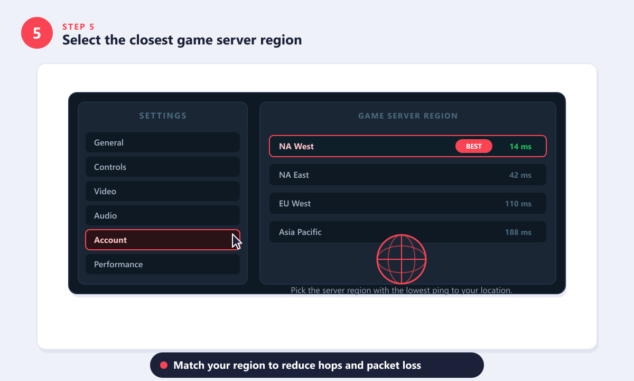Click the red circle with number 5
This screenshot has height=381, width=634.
[x=37, y=33]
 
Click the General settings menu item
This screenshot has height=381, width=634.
[x=163, y=142]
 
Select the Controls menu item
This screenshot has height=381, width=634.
[x=163, y=167]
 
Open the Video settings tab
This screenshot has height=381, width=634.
[x=163, y=191]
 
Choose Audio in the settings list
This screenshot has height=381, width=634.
[x=163, y=215]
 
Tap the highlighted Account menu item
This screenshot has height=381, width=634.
[x=163, y=240]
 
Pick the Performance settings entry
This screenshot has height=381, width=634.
[x=163, y=264]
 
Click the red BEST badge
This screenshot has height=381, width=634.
[x=473, y=146]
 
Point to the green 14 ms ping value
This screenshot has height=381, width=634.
[x=520, y=147]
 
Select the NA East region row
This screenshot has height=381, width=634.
[x=407, y=175]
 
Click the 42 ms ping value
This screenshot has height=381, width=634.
[x=520, y=175]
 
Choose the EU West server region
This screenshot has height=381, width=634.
[x=407, y=203]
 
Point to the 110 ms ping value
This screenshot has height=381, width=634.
[x=518, y=204]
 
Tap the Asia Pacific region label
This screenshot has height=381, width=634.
[x=300, y=232]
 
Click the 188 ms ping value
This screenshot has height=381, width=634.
[x=518, y=232]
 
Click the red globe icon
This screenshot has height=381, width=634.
[x=402, y=259]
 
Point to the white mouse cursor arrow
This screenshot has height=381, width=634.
[x=236, y=241]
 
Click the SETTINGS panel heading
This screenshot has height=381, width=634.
[x=163, y=116]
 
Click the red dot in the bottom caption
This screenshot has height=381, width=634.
[x=164, y=365]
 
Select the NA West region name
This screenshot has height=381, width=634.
[x=296, y=146]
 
